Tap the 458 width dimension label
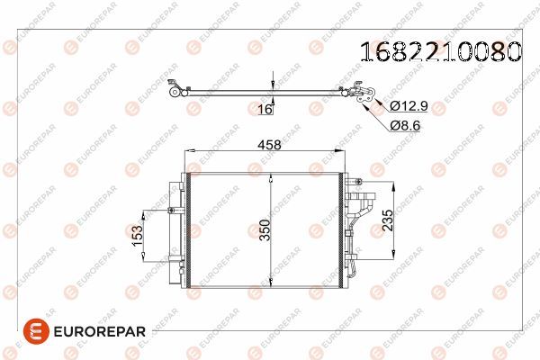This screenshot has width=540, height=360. pyautogui.click(x=270, y=144)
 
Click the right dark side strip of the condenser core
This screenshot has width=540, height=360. pyautogui.click(x=339, y=229)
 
